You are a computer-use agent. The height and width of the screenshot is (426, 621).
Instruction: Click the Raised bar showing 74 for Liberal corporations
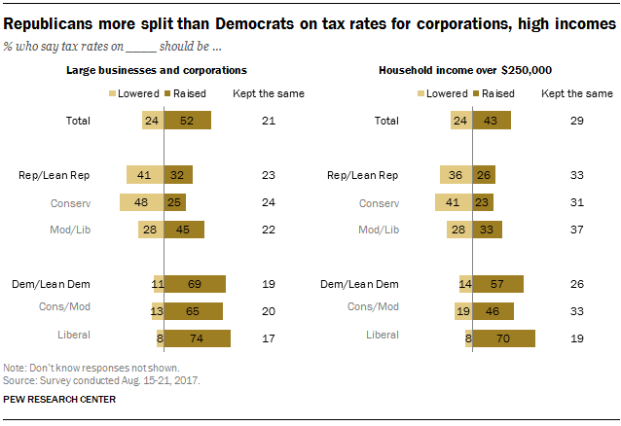198,337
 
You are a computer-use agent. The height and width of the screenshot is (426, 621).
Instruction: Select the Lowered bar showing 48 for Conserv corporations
141,202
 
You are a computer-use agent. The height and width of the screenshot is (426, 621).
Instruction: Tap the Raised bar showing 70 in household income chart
503,337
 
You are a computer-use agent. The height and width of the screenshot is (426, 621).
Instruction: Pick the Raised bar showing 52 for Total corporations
188,121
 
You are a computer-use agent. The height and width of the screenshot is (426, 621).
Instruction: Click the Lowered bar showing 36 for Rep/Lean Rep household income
456,175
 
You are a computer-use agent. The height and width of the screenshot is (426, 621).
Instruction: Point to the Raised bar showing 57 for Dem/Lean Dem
498,284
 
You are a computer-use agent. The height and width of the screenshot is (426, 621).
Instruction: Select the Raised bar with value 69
195,284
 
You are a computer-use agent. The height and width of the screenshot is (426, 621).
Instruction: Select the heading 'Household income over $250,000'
457,70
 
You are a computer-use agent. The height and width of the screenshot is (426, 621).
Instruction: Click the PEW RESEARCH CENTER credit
60,399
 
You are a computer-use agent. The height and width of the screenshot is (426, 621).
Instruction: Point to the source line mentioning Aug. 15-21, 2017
101,379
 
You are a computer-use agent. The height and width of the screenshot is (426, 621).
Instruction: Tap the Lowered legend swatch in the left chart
112,93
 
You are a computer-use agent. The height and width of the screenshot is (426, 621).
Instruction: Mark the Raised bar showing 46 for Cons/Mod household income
493,311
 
